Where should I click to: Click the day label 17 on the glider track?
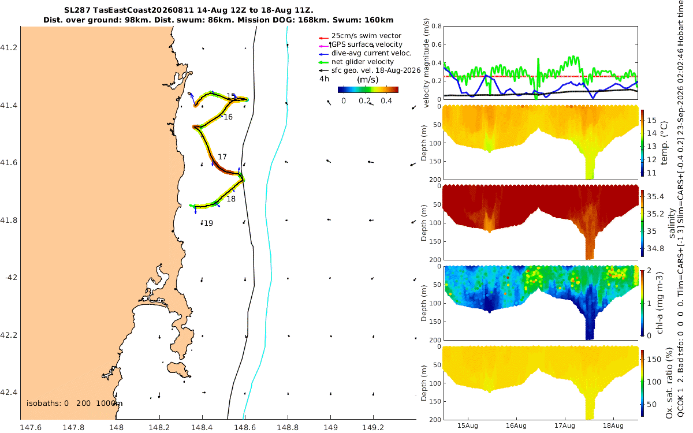click(222, 157)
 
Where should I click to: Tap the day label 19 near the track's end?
click(208, 223)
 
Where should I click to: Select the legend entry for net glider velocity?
click(363, 62)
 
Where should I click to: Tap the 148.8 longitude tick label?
click(288, 427)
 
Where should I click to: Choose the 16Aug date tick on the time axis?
click(516, 425)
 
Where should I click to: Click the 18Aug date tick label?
click(613, 425)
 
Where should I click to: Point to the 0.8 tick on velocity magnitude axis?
click(437, 26)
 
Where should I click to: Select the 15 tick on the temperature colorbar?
click(652, 120)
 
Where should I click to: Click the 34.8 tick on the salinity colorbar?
click(655, 249)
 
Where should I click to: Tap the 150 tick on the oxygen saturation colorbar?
click(654, 359)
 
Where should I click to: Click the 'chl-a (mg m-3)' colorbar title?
click(660, 303)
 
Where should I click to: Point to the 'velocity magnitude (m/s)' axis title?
click(426, 63)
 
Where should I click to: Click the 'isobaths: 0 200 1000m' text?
click(74, 404)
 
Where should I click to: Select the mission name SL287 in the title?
click(77, 10)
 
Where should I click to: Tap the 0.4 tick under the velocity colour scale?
click(386, 101)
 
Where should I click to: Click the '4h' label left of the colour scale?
click(324, 79)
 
